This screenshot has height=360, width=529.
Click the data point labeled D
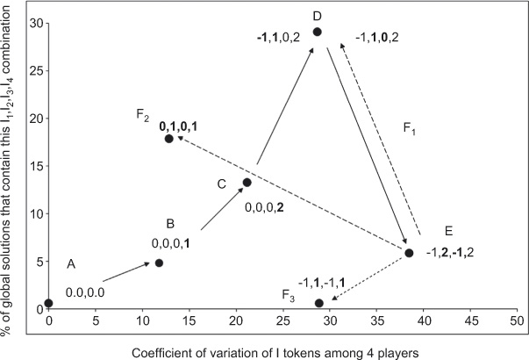[x=318, y=32]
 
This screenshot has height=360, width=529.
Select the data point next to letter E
[x=409, y=253]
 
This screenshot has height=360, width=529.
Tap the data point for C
[x=247, y=183]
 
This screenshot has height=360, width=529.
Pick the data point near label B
[x=159, y=263]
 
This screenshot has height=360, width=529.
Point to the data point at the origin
[x=48, y=303]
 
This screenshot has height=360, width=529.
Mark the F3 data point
[x=319, y=303]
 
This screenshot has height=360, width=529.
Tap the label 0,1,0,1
[x=184, y=126]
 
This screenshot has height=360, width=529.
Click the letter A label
[x=72, y=263]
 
